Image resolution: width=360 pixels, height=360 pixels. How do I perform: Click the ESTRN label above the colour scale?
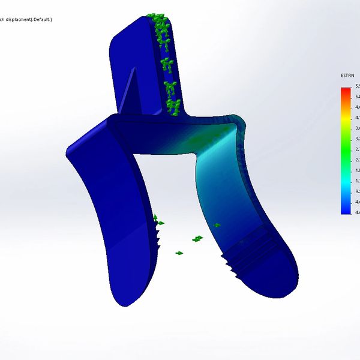click(347, 76)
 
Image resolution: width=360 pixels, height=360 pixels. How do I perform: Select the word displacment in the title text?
click(22, 20)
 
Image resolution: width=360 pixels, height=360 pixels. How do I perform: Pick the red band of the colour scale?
click(346, 91)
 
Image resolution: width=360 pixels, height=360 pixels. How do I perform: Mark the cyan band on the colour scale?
click(346, 180)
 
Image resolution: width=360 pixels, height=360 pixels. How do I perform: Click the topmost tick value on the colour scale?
click(357, 88)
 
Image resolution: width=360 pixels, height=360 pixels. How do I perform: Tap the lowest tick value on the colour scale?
click(357, 212)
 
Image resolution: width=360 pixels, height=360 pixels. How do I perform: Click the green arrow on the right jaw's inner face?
click(217, 226)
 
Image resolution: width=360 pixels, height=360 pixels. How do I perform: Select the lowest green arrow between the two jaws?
click(179, 253)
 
